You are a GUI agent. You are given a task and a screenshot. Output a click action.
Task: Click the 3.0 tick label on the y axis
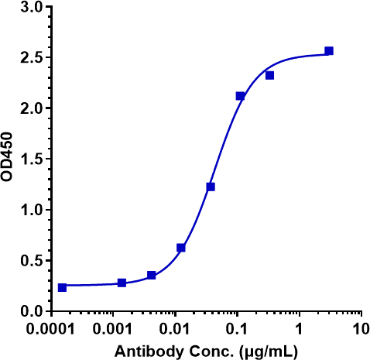coord(29,7)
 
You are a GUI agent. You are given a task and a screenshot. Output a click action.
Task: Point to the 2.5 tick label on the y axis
coord(29,58)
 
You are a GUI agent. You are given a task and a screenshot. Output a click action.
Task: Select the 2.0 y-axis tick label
coord(29,108)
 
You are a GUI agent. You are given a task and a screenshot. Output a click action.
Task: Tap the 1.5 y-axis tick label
coord(29,159)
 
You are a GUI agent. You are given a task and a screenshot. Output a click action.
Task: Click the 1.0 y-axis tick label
coord(29,210)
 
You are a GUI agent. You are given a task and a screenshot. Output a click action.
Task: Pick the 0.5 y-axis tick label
coord(29,261)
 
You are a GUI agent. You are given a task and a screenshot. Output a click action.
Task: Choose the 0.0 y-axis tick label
coord(29,311)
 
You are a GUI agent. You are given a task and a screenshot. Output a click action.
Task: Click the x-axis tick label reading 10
coord(360,330)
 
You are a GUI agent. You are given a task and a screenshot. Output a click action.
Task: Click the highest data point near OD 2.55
coord(329,51)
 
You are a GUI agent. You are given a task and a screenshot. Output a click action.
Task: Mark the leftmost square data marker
coord(62,287)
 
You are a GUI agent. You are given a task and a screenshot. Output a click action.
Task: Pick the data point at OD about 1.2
coord(211,187)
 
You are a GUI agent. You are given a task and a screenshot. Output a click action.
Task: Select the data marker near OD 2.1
coord(240,96)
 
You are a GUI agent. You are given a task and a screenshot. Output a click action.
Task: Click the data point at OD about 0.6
coord(181,248)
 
